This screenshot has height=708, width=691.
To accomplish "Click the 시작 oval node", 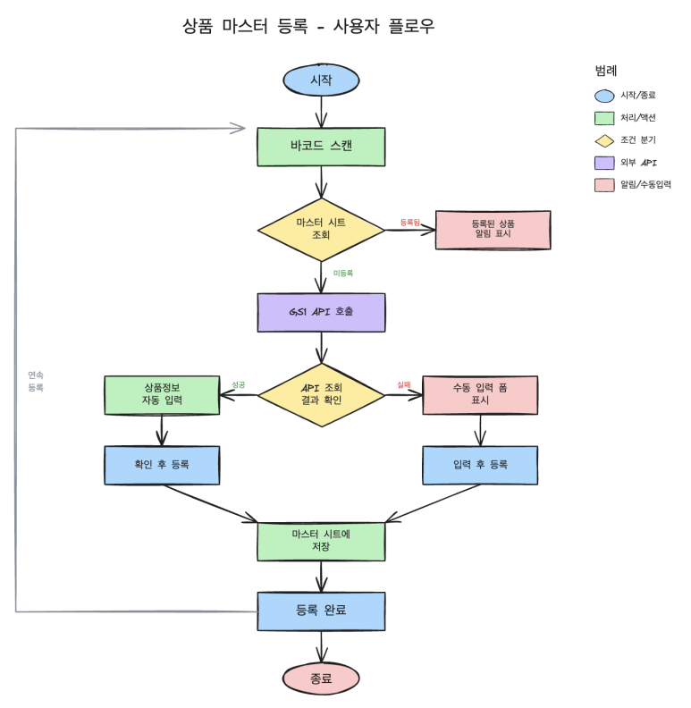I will (x=321, y=80).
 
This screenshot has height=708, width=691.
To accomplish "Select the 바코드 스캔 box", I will (x=321, y=147).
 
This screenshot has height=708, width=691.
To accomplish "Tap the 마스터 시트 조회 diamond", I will (x=321, y=229).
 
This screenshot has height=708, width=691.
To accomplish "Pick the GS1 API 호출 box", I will (x=321, y=312).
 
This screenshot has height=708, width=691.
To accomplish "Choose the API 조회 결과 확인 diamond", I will (x=321, y=394).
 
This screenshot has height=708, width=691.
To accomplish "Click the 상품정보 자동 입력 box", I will (x=162, y=394).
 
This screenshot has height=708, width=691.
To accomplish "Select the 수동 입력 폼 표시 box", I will (x=480, y=394).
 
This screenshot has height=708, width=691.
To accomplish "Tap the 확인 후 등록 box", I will (x=162, y=465).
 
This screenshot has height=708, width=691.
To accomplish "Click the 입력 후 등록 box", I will (x=480, y=465).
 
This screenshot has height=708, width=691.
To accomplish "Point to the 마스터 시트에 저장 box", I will (x=321, y=541).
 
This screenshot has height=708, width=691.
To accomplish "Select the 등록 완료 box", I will (x=321, y=611).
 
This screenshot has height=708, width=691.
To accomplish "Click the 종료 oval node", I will (x=321, y=678).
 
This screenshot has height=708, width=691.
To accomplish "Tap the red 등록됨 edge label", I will (x=409, y=222).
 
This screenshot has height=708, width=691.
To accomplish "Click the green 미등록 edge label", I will (x=343, y=273).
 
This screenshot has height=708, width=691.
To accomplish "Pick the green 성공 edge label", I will (x=239, y=385).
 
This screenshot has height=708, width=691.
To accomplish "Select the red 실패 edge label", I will (x=404, y=385).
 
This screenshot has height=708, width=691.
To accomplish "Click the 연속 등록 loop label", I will (x=36, y=382).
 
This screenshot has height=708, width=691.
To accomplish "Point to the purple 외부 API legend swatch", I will (x=604, y=163).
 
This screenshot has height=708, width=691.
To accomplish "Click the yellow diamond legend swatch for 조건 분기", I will (x=604, y=140).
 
